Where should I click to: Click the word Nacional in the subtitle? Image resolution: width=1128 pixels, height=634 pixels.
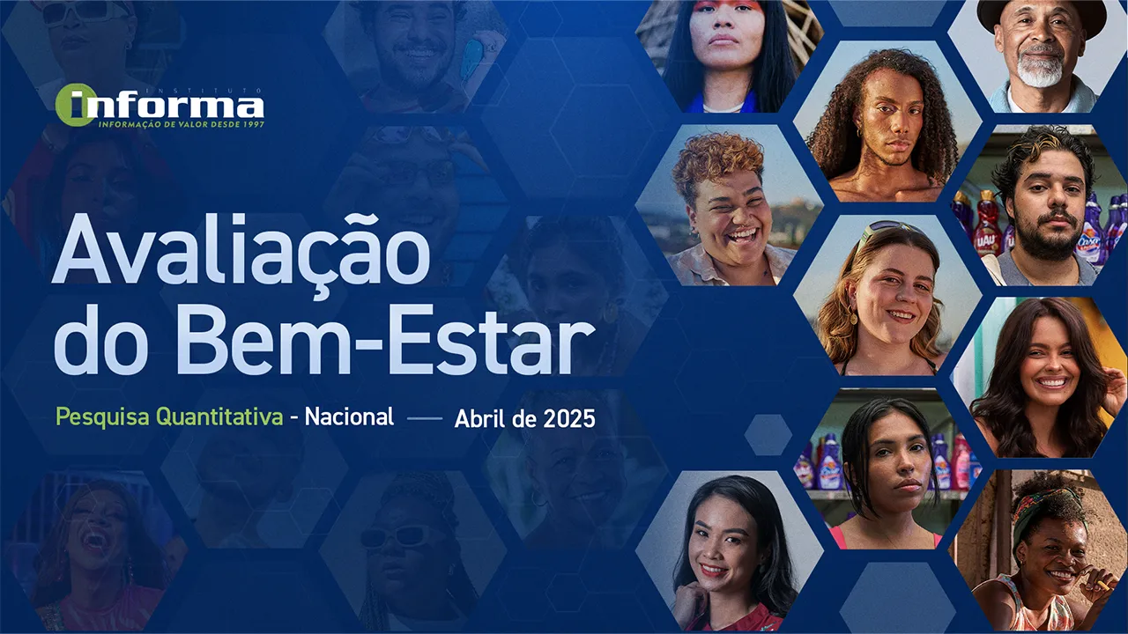point(349,417)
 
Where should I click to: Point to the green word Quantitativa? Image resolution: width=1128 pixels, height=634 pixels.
point(219,417)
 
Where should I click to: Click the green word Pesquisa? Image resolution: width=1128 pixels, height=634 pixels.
point(102,417)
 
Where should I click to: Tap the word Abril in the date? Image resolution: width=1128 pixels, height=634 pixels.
point(478,418)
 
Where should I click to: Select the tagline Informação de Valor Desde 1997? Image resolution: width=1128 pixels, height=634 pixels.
point(182,124)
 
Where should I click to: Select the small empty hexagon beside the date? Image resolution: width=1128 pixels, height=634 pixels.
point(768,435)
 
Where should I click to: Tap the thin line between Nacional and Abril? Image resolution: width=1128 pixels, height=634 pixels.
point(425,418)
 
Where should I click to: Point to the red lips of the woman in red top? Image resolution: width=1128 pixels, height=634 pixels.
point(711,570)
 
